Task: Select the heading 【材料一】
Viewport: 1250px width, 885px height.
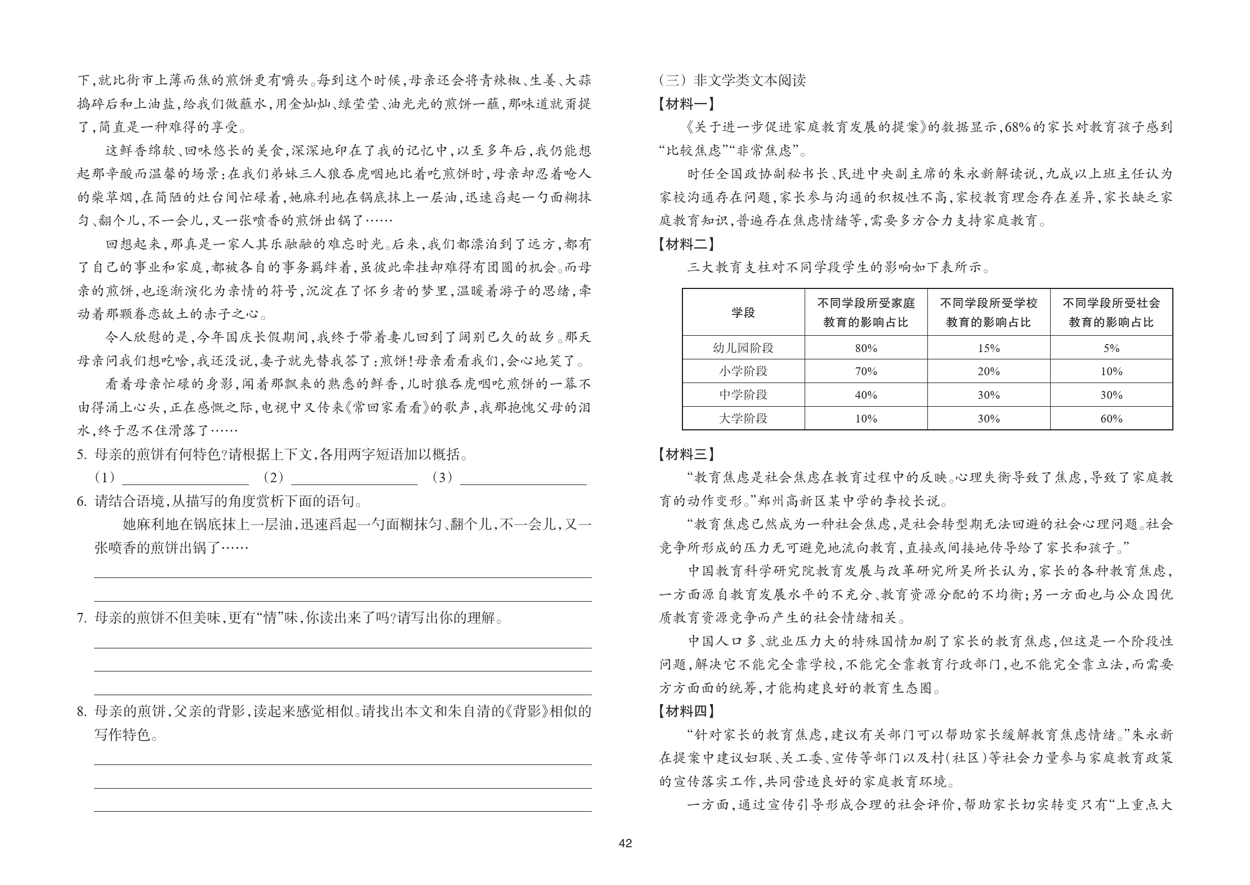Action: tap(686, 104)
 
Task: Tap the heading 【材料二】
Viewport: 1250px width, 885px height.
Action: tap(686, 244)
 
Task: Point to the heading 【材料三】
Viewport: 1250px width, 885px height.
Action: tap(686, 454)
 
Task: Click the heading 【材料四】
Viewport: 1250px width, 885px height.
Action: tap(686, 711)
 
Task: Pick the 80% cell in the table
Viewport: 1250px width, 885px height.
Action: tap(865, 348)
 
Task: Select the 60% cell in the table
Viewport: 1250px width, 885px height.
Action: tap(1111, 419)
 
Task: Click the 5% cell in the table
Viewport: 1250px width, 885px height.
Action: tap(1111, 348)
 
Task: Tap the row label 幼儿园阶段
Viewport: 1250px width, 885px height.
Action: tap(743, 348)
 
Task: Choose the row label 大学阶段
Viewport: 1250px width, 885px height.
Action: tap(743, 419)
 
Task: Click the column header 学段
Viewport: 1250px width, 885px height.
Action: tap(743, 313)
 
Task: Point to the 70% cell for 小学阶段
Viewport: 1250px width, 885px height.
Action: tap(865, 372)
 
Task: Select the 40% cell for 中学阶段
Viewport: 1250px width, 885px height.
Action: tap(865, 395)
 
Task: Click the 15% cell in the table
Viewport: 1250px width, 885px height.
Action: tap(988, 348)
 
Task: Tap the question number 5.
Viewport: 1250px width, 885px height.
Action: tap(82, 455)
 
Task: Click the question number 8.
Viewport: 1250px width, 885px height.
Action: tap(82, 711)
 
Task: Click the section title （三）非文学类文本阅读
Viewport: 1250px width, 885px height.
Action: tap(732, 81)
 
